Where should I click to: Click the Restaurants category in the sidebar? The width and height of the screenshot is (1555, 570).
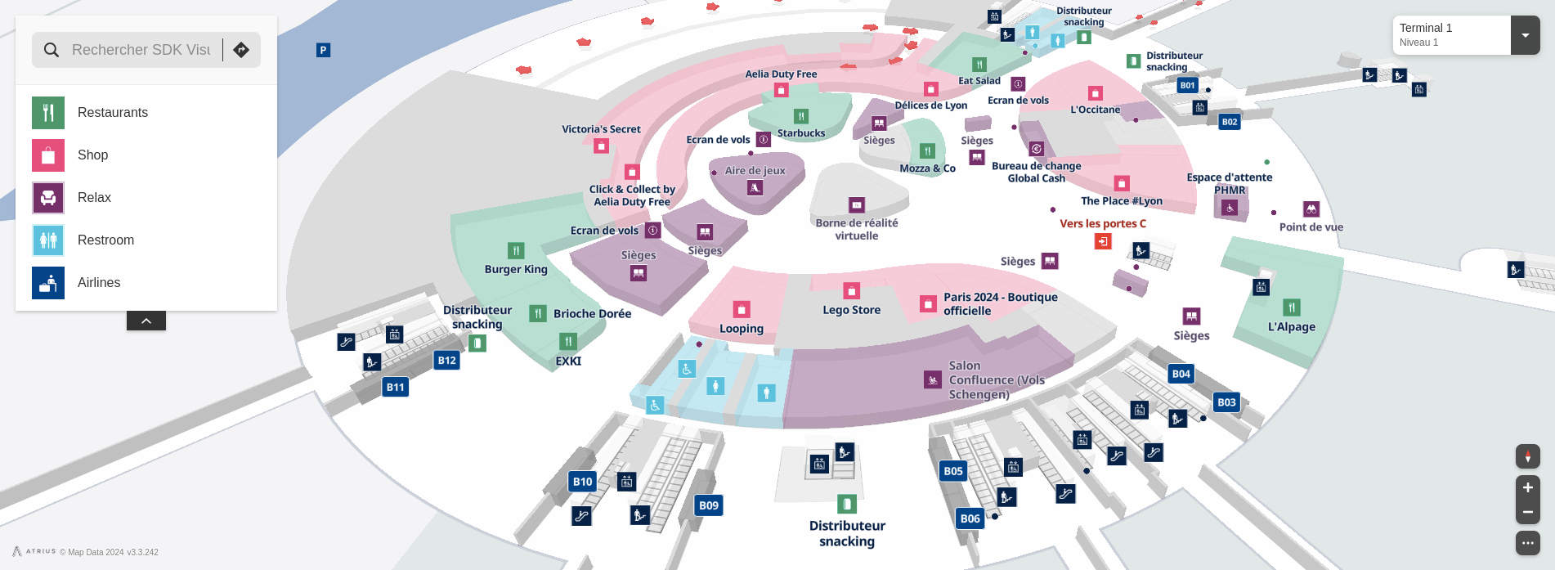click(x=113, y=113)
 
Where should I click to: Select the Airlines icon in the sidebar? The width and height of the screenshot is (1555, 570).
click(x=48, y=283)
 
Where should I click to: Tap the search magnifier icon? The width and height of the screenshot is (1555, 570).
click(x=52, y=50)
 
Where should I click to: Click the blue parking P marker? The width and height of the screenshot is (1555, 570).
click(x=323, y=50)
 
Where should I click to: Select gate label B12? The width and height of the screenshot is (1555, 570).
click(x=446, y=360)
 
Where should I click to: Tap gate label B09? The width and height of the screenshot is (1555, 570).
click(x=709, y=505)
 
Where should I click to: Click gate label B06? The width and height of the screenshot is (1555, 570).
click(x=970, y=518)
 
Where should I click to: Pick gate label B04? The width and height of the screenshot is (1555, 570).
click(x=1181, y=374)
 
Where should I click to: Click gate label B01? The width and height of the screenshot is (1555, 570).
click(x=1187, y=85)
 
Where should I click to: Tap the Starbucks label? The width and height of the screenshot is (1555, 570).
click(x=801, y=133)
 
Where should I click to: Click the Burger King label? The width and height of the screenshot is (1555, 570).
click(x=516, y=269)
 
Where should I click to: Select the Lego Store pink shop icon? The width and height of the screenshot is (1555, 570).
click(x=851, y=291)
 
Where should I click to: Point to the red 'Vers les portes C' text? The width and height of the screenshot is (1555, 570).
click(x=1103, y=223)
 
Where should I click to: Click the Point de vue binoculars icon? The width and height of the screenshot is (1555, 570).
click(x=1311, y=209)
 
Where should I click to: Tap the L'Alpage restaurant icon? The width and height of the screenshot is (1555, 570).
click(x=1292, y=307)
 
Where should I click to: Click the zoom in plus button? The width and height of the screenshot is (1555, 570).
click(x=1527, y=487)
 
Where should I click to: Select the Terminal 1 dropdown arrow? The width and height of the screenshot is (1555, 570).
click(x=1525, y=35)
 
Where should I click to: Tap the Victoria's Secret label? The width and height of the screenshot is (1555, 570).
click(x=601, y=129)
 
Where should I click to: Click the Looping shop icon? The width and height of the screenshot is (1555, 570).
click(x=742, y=309)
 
